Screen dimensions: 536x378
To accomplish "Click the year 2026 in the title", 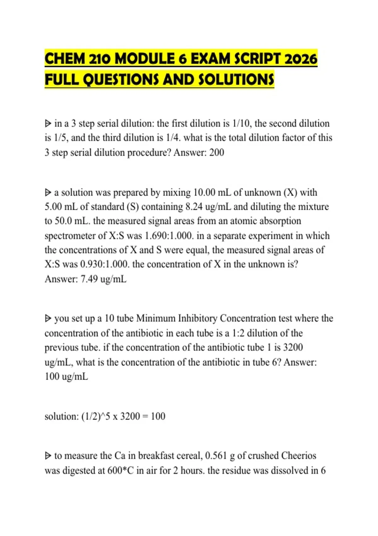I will (301, 59).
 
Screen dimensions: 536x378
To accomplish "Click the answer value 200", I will (217, 153).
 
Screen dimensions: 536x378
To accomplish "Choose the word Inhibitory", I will (198, 318).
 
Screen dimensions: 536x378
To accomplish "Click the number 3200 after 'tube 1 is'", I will (293, 347).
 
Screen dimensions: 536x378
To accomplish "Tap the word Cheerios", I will (299, 456).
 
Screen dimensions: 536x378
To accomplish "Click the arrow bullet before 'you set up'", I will (48, 319).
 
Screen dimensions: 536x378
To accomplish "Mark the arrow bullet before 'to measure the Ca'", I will (48, 456).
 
